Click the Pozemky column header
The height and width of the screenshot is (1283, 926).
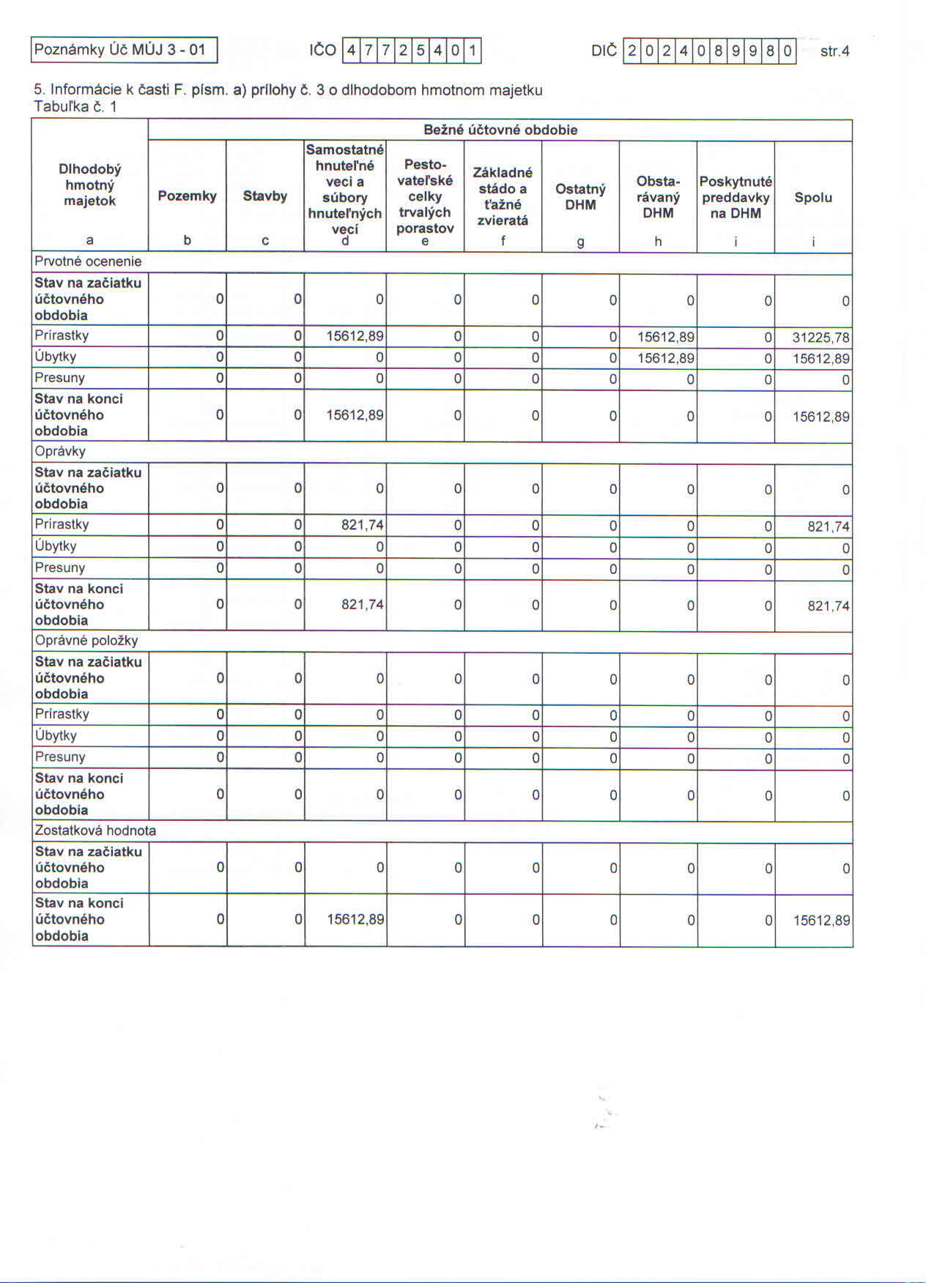coord(187,196)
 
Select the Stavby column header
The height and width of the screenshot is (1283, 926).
coord(265,196)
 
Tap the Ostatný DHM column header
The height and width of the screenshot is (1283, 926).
coord(580,197)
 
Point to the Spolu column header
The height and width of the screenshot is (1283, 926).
coord(813,198)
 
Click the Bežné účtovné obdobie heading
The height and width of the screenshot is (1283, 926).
coord(500,130)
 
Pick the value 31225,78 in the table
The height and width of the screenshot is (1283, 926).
coord(821,338)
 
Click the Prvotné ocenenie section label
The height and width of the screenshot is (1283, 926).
coord(88,261)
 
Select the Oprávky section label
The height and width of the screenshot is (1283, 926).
coord(60,451)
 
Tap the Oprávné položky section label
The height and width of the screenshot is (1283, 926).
coord(86,641)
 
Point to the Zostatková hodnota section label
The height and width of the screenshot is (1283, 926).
coord(95,830)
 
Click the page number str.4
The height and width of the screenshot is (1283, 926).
coord(834,51)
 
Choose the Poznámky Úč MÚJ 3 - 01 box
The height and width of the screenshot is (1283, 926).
coord(124,51)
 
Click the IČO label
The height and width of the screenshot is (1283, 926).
coord(322,51)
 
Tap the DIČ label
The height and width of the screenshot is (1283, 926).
coord(604,51)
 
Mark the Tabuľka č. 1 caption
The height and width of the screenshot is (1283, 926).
coord(75,107)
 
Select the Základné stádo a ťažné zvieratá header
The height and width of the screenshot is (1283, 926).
coord(503,196)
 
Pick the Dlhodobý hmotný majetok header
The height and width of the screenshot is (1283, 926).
coord(89,185)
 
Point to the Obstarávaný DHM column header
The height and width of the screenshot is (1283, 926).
coord(658,197)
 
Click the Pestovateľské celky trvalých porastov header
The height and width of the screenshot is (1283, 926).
coord(425,196)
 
